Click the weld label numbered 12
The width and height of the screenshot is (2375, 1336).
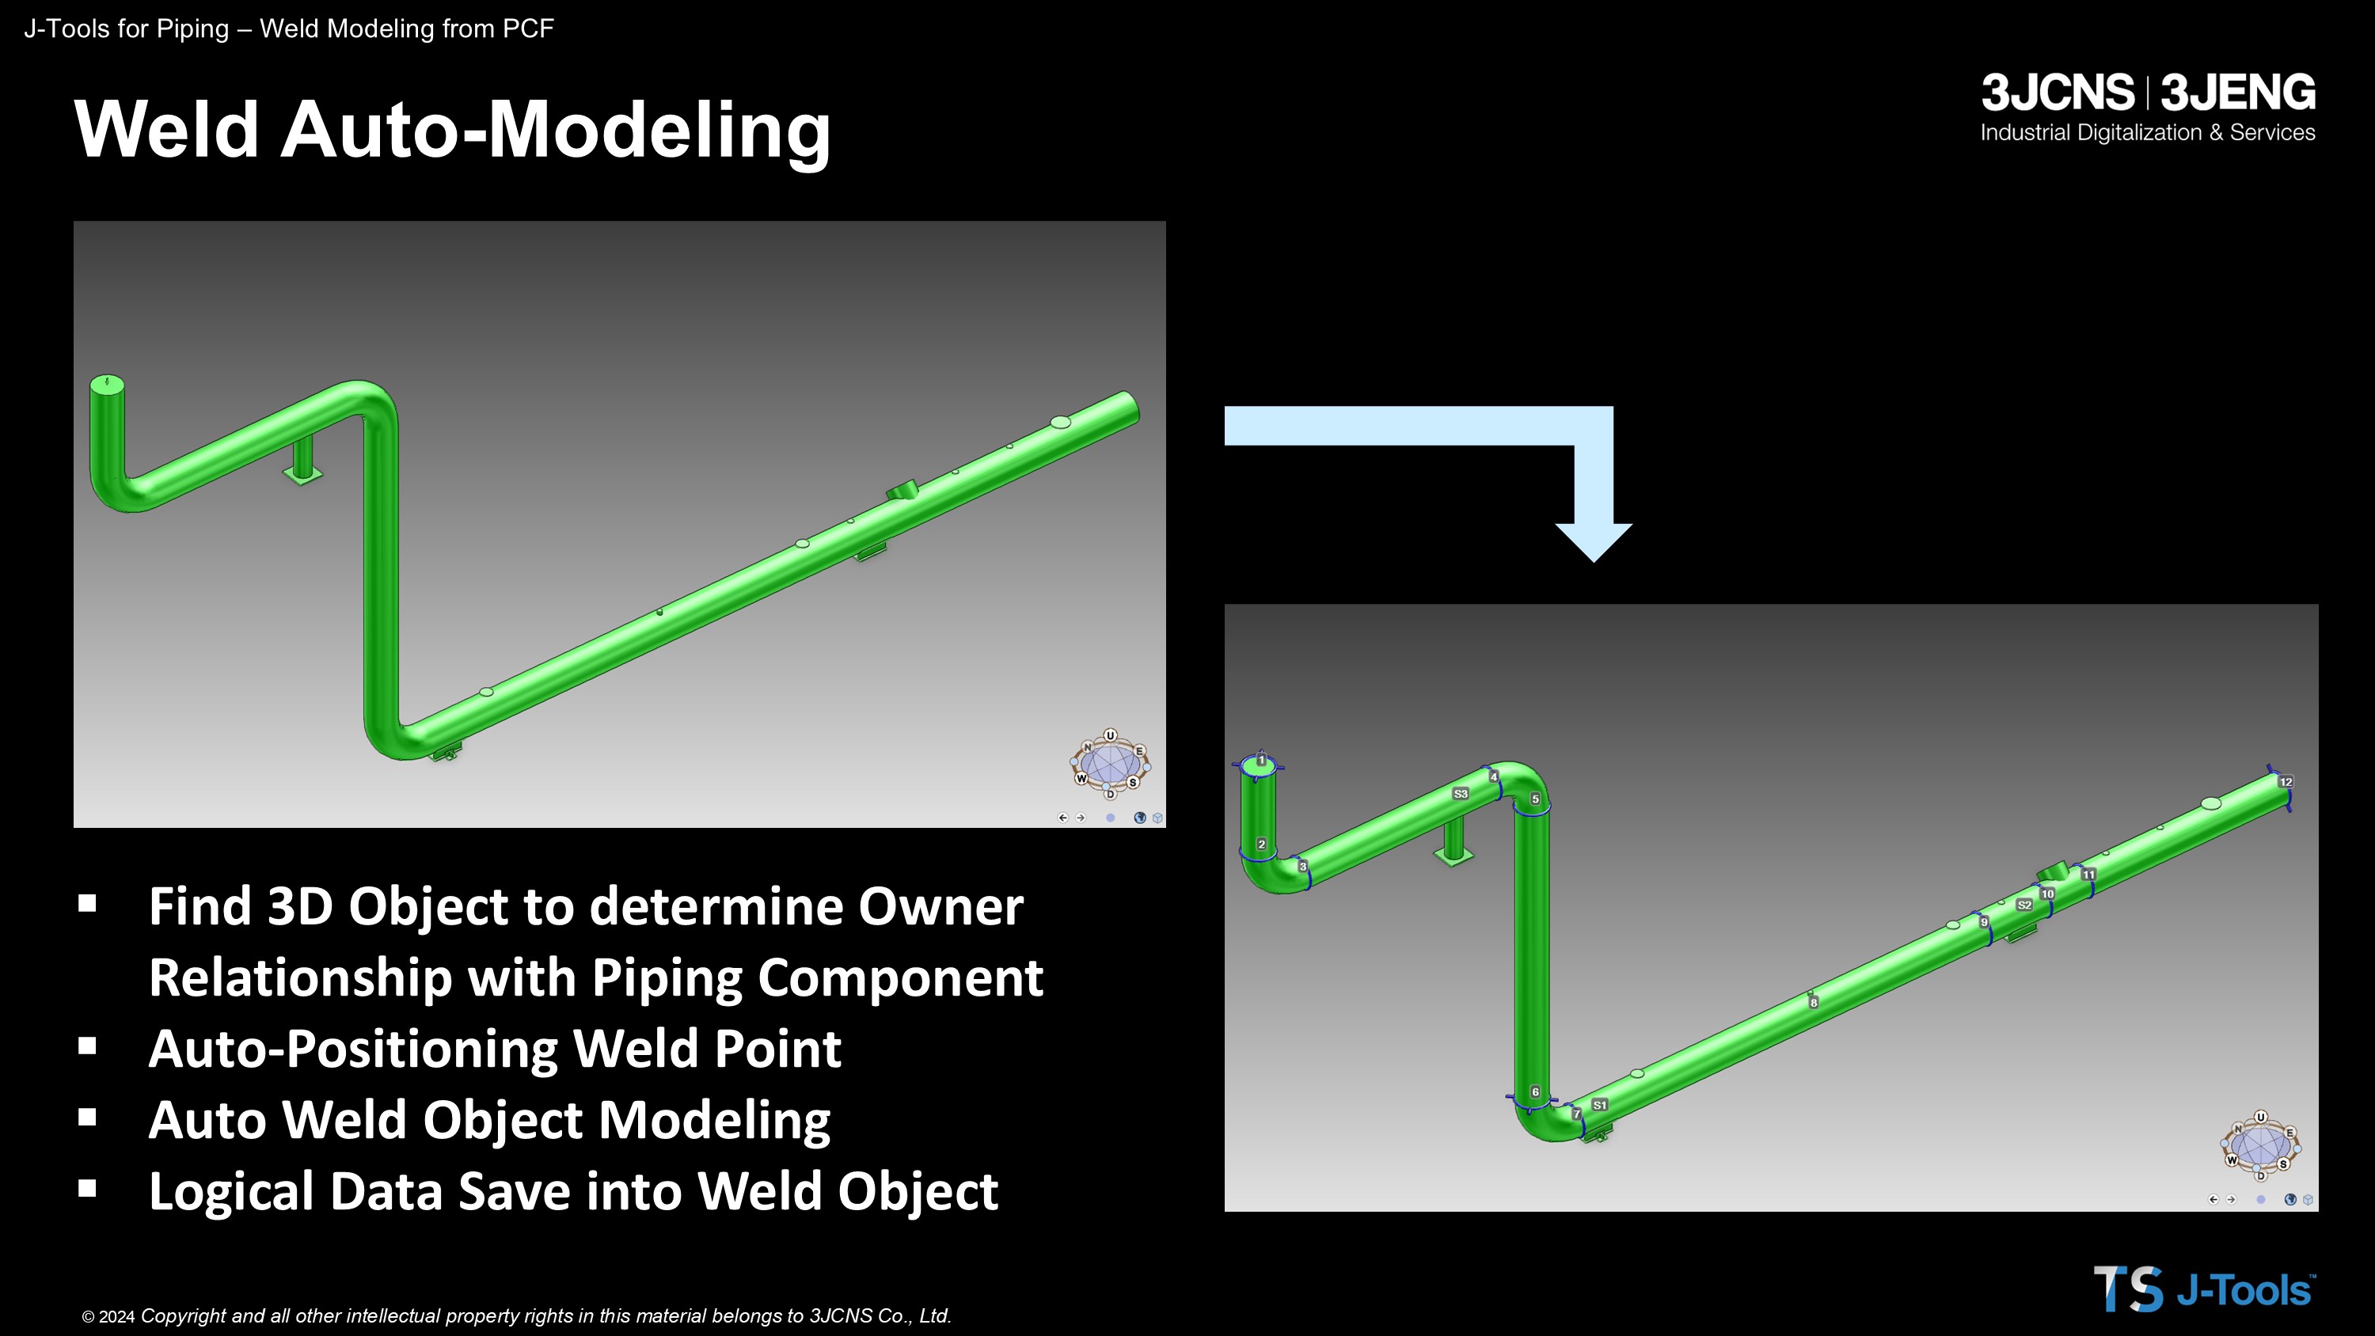(2286, 782)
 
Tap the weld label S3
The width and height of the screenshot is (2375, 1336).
(1461, 794)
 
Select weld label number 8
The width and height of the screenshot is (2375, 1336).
(1814, 1002)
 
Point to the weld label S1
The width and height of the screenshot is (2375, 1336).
(1600, 1105)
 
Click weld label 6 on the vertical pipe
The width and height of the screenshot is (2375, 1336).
(1535, 1091)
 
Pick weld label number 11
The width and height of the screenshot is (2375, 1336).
(2088, 874)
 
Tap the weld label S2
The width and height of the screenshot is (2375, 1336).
(2023, 905)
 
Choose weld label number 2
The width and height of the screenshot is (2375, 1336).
(1261, 844)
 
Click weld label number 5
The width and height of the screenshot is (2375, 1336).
(1535, 799)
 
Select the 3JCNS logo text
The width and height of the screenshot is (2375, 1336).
(2058, 92)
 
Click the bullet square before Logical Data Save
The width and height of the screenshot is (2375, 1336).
(88, 1189)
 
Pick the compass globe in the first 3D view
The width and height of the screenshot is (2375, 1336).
(1110, 765)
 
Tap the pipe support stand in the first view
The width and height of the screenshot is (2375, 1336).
(302, 460)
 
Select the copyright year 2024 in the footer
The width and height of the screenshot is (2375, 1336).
(116, 1317)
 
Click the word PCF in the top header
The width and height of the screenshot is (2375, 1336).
(527, 28)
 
